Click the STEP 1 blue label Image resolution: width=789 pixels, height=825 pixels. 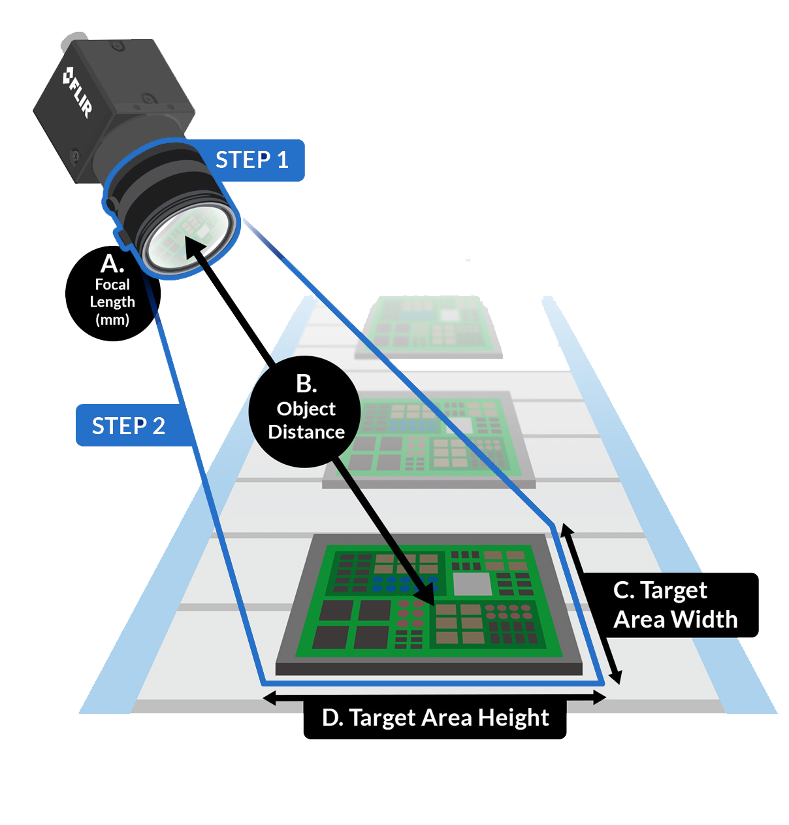[x=251, y=160]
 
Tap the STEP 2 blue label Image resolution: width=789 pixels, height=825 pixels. [x=129, y=425]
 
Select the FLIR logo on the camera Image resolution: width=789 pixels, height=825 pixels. [x=78, y=92]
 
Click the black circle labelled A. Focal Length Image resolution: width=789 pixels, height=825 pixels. [x=112, y=294]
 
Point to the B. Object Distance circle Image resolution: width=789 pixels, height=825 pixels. [x=304, y=411]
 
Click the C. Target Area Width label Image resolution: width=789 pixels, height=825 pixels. [x=675, y=605]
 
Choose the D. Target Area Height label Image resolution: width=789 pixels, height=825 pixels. [x=435, y=718]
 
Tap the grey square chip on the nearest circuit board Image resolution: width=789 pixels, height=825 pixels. [x=472, y=584]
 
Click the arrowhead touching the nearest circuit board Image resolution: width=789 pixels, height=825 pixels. [x=424, y=593]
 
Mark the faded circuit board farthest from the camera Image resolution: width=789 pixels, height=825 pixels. [x=428, y=327]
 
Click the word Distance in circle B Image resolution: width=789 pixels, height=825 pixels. [x=306, y=432]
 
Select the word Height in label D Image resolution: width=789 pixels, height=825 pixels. [x=514, y=718]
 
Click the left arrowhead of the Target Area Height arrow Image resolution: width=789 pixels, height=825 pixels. [x=269, y=698]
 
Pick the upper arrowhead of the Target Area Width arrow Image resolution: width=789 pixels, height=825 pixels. [x=567, y=530]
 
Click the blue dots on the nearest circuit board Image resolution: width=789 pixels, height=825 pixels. [x=405, y=584]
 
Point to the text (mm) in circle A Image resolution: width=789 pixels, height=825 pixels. [x=112, y=319]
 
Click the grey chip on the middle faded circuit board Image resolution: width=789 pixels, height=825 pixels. [x=460, y=424]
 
